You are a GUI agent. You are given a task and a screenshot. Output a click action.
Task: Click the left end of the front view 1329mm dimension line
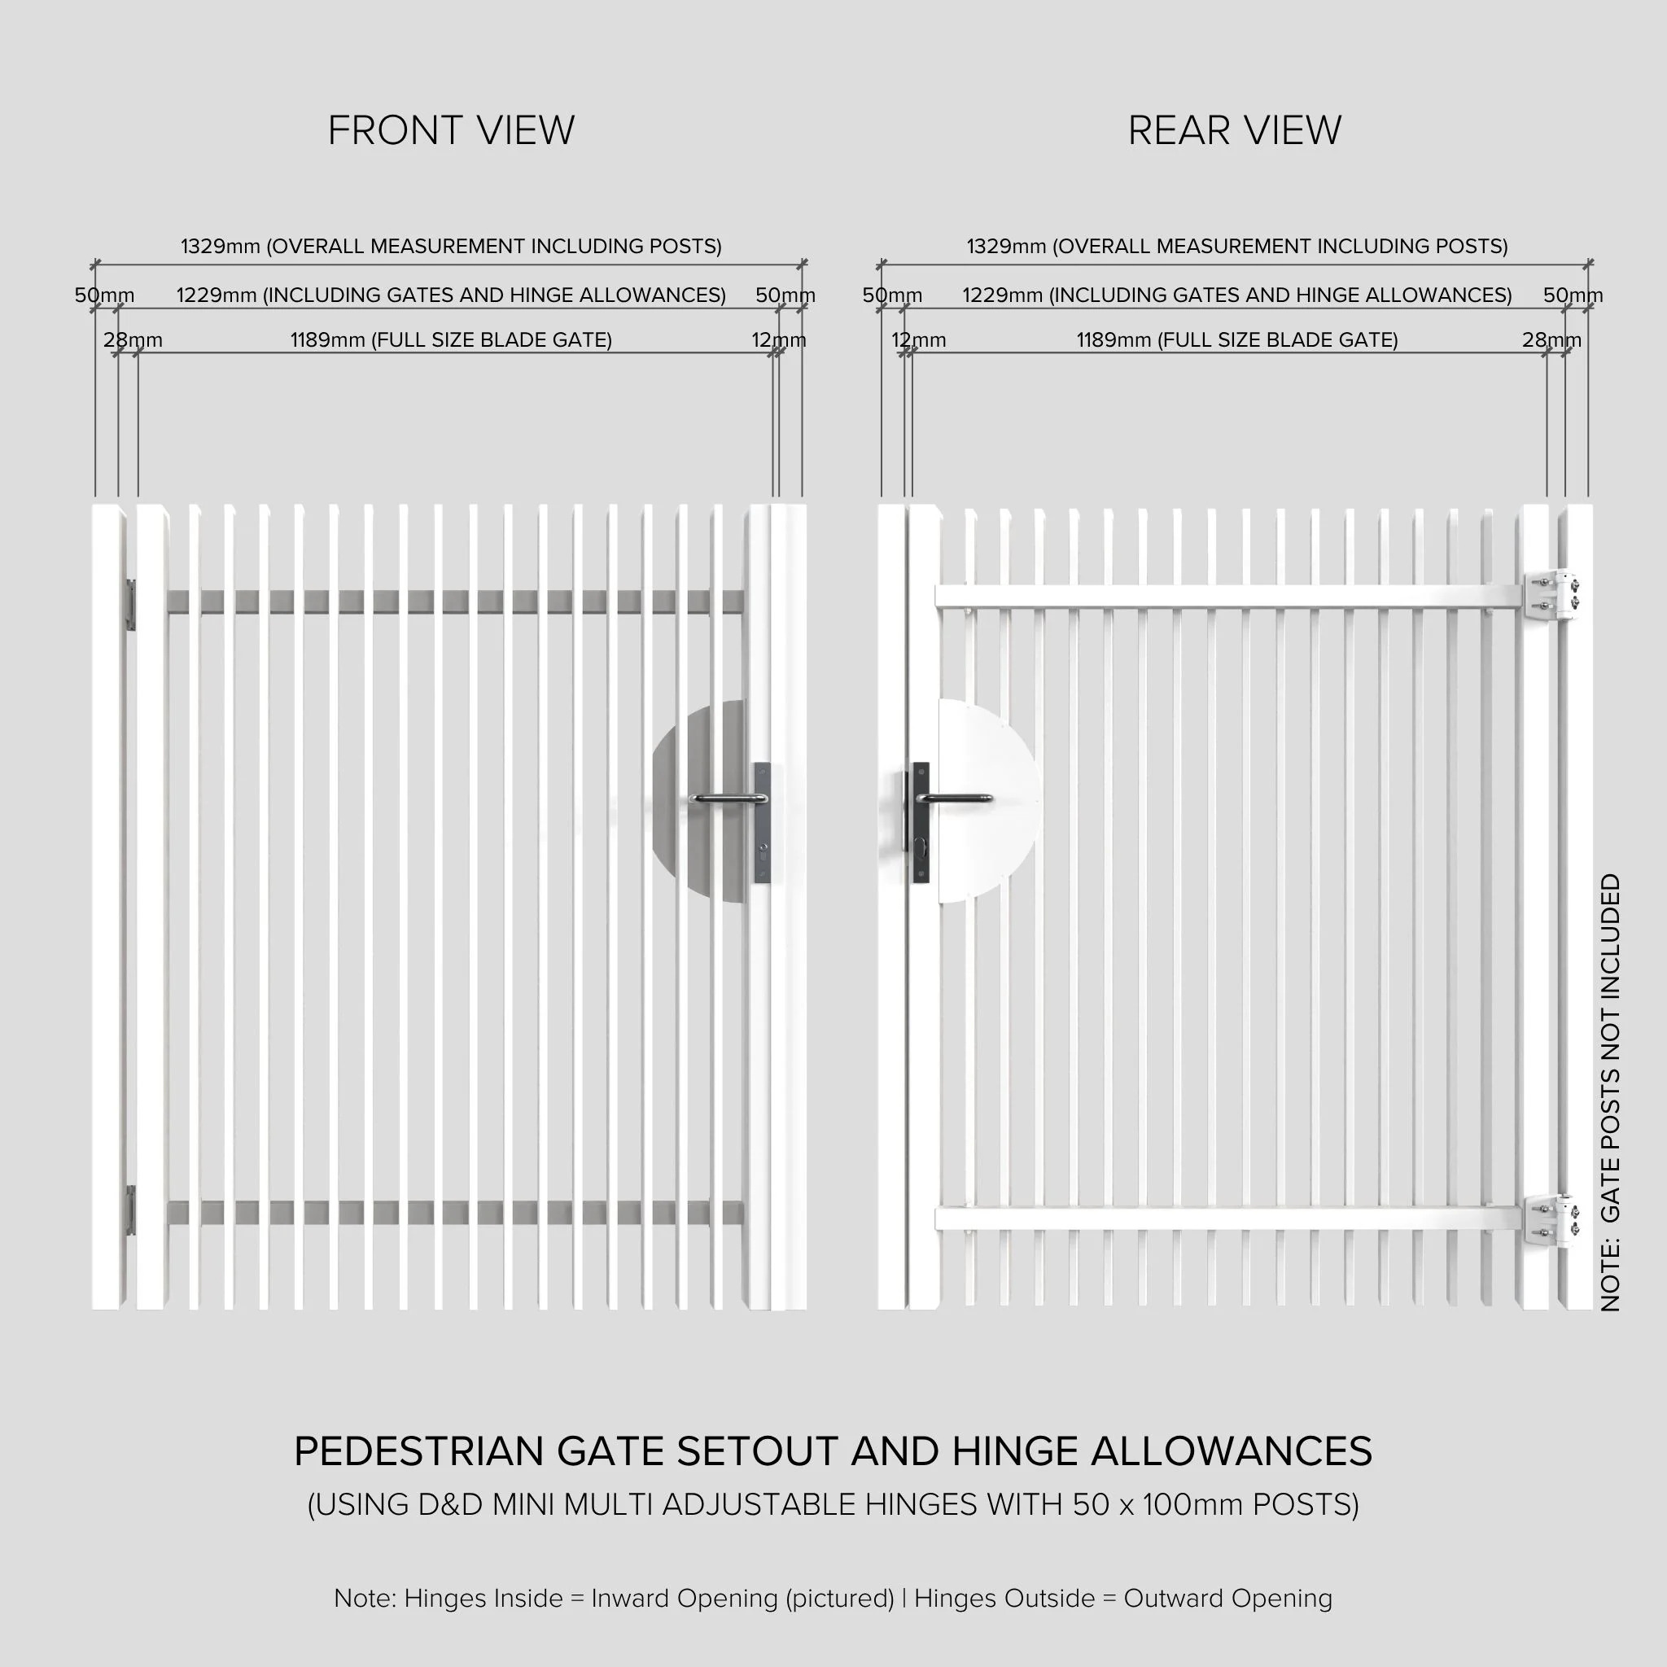(x=95, y=264)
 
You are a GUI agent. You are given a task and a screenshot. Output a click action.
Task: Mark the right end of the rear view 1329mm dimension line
(x=1589, y=264)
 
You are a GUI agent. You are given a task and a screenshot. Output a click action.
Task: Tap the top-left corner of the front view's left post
(x=92, y=505)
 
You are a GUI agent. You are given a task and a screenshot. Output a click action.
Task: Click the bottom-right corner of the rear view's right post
(x=1592, y=1309)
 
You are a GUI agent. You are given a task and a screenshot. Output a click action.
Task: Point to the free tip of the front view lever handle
(x=693, y=799)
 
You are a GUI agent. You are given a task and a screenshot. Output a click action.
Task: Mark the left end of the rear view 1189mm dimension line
(x=912, y=352)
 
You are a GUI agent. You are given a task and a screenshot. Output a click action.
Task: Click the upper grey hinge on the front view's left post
(x=131, y=604)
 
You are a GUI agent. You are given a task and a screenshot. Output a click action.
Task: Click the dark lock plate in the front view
(x=762, y=822)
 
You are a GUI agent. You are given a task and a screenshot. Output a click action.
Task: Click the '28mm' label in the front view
(x=133, y=340)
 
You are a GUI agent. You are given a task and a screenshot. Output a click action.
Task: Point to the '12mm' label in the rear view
(x=918, y=340)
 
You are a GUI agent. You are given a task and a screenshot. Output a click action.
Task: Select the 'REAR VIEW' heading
(x=1234, y=130)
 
